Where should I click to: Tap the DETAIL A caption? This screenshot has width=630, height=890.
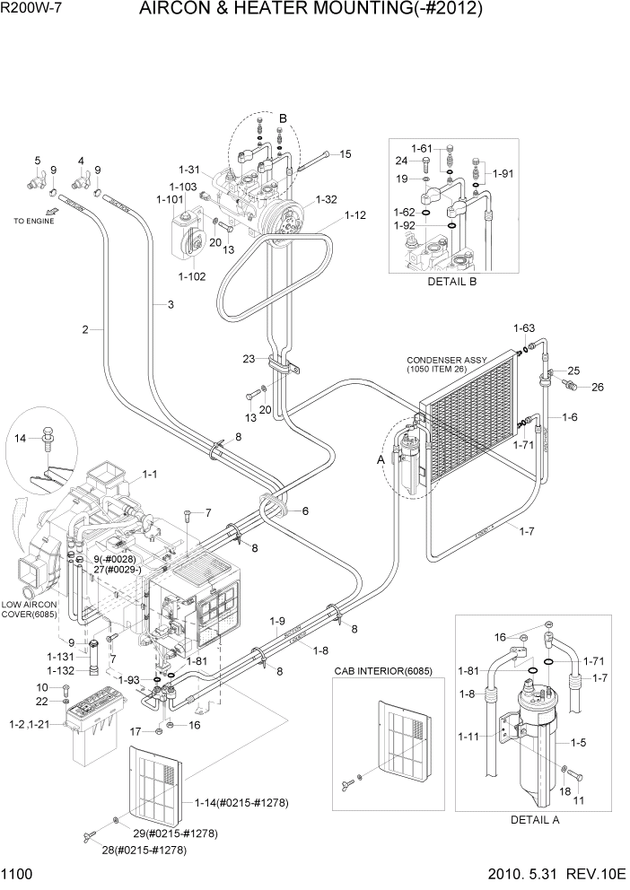pos(534,819)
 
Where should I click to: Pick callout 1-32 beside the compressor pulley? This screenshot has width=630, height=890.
pos(327,200)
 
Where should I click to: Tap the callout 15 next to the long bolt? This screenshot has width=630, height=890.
pos(346,154)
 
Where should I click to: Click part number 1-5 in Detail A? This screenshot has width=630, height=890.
pos(580,742)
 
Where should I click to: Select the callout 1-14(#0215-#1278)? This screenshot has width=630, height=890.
pos(241,803)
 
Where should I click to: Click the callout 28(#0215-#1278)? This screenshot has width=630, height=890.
pos(145,850)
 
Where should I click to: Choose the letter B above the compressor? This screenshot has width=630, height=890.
pos(283,118)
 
